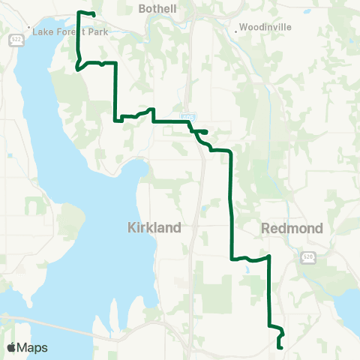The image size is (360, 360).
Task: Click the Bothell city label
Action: (157, 8)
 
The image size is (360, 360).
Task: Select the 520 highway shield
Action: (309, 258)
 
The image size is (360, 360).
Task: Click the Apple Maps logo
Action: (27, 348)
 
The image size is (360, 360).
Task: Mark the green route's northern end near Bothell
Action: (94, 15)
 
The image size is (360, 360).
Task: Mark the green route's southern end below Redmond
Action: (279, 347)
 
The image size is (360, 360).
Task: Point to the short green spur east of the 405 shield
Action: (202, 130)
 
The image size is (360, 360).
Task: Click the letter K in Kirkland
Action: (132, 227)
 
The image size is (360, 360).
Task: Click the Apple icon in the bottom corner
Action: (11, 347)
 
